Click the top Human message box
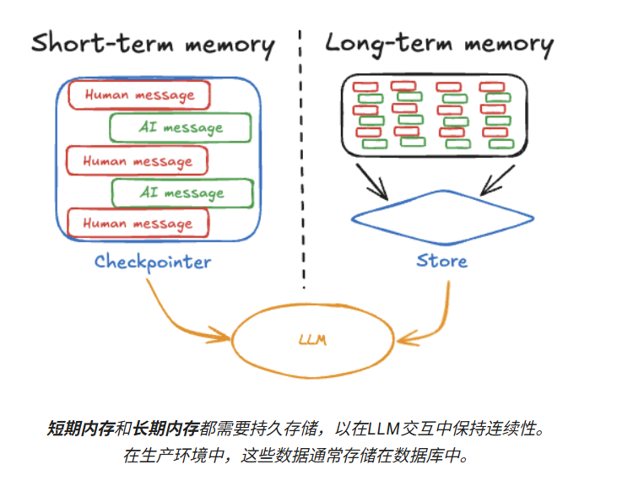pos(138,94)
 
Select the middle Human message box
pos(137,160)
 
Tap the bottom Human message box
pos(137,224)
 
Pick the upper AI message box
pos(181,127)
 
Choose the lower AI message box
pos(181,192)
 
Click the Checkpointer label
pos(153,261)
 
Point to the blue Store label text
pos(441,261)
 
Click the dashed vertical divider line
pos(300,169)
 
